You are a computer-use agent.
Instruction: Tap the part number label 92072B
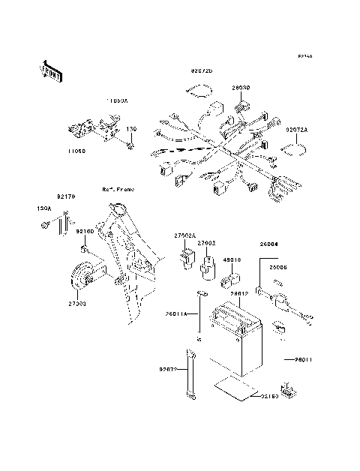[x=201, y=70]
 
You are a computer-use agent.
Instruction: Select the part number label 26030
[x=240, y=88]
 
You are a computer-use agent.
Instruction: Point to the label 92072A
[x=296, y=129]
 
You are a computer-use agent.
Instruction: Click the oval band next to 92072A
[x=294, y=148]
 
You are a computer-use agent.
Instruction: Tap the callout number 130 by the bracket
[x=131, y=129]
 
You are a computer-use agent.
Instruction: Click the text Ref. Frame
[x=118, y=190]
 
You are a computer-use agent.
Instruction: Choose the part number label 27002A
[x=185, y=235]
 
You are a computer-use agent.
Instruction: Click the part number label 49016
[x=231, y=260]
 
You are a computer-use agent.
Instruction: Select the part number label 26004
[x=269, y=244]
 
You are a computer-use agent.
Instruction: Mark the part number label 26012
[x=239, y=293]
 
